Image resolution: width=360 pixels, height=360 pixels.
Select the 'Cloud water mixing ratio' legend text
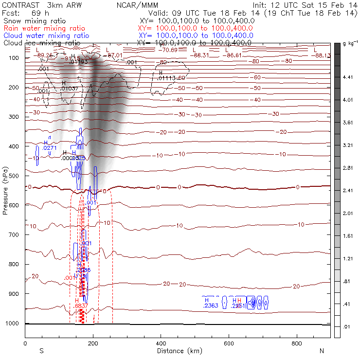pos(46,36)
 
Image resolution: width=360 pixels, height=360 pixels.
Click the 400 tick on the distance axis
pos(161,343)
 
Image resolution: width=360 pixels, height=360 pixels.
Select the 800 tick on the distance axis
pos(297,343)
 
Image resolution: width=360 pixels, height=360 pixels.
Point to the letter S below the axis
pos(41,351)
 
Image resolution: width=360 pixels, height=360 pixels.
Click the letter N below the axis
pos(322,351)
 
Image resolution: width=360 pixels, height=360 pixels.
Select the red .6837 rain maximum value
pos(82,306)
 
